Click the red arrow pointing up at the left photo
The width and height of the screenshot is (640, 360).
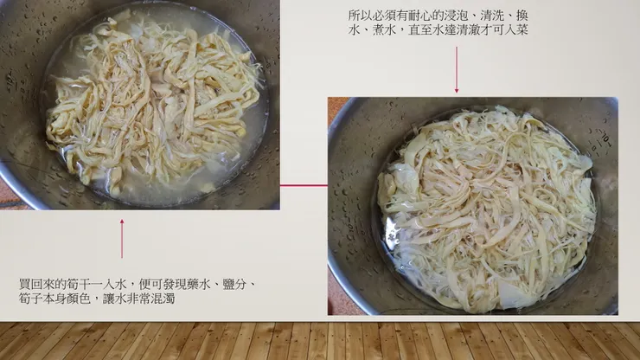point(122,238)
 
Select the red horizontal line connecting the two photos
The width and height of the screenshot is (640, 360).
point(304,184)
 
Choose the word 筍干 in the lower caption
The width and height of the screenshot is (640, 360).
point(74,284)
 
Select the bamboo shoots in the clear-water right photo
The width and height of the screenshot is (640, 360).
point(486,208)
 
